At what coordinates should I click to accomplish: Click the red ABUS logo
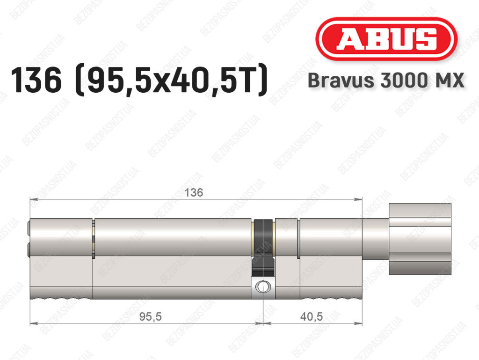386,39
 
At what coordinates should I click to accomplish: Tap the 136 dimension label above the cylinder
194,192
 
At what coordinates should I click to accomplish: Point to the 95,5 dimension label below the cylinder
150,316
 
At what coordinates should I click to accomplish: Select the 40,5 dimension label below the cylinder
311,316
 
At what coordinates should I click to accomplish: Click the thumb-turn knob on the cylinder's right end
420,239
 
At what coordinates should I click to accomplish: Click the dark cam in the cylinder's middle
263,248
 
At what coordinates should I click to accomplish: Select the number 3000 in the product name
402,81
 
